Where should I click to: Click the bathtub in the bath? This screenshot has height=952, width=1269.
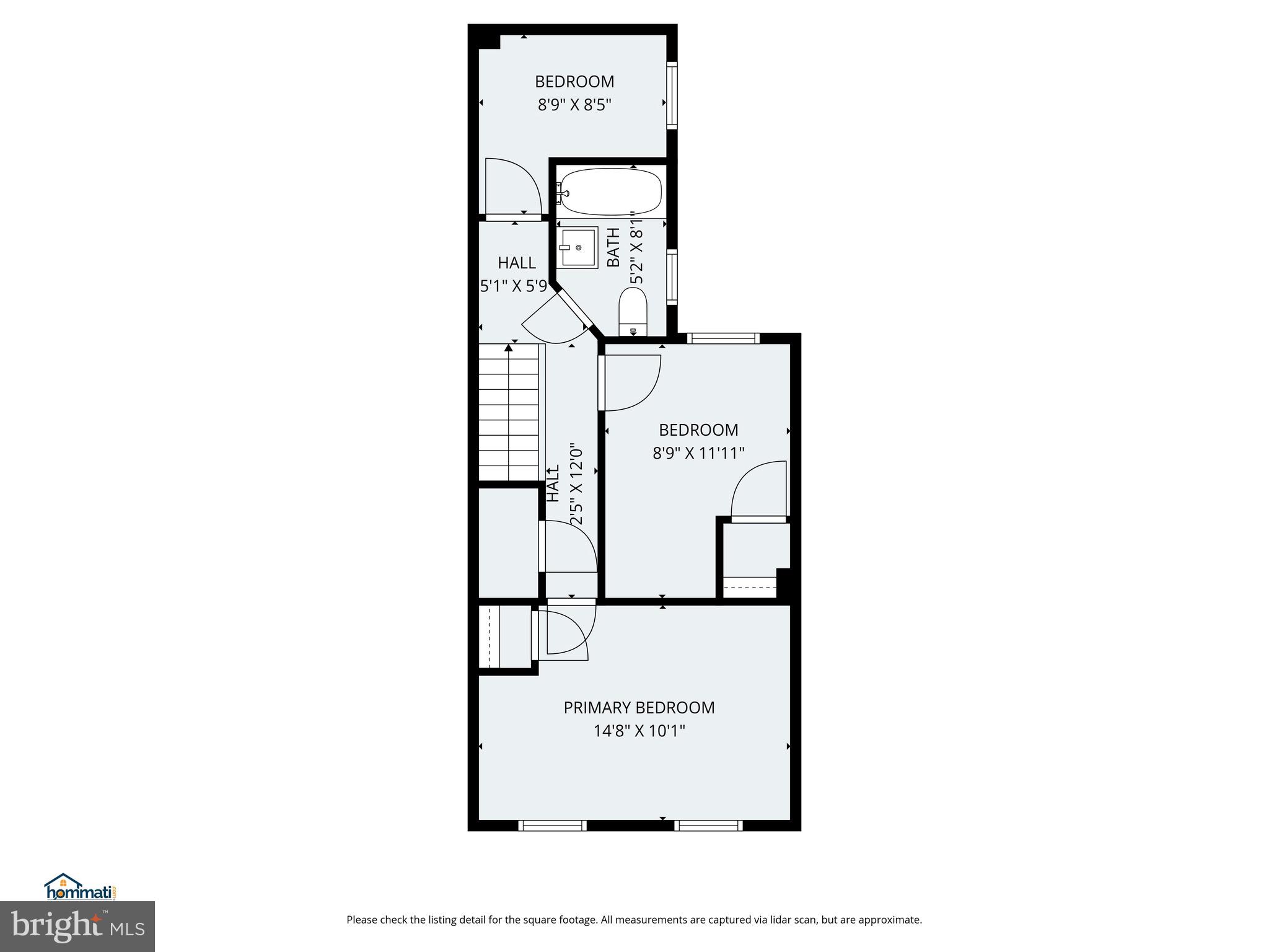pyautogui.click(x=610, y=192)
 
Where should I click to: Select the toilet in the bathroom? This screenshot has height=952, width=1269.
pyautogui.click(x=633, y=312)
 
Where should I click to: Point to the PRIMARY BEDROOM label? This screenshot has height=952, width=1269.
pyautogui.click(x=639, y=707)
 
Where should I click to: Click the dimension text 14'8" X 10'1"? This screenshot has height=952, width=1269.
pyautogui.click(x=639, y=731)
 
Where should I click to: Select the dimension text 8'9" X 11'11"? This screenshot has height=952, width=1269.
pyautogui.click(x=698, y=454)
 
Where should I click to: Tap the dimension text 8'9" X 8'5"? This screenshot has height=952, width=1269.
pyautogui.click(x=574, y=105)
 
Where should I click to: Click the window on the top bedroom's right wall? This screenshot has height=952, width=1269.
pyautogui.click(x=672, y=94)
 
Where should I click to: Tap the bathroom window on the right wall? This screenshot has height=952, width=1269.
pyautogui.click(x=672, y=276)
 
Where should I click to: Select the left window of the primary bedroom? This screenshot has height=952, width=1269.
pyautogui.click(x=552, y=825)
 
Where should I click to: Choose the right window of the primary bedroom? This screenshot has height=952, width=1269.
pyautogui.click(x=708, y=825)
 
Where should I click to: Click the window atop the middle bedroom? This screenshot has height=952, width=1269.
pyautogui.click(x=723, y=338)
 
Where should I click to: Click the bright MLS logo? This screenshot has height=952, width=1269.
pyautogui.click(x=77, y=926)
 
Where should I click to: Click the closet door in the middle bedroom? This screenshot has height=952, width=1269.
pyautogui.click(x=758, y=491)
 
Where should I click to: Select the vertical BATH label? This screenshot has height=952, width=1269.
pyautogui.click(x=613, y=247)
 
